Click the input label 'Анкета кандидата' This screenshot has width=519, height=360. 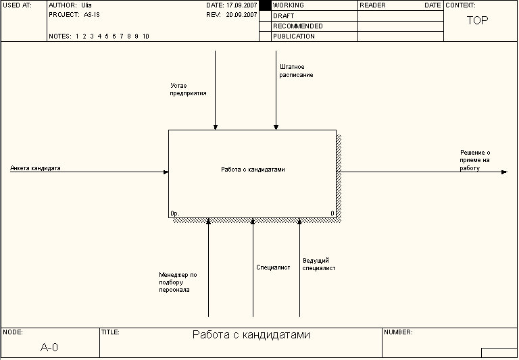[35, 168]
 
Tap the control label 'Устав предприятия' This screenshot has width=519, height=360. [189, 89]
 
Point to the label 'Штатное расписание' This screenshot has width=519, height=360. [296, 71]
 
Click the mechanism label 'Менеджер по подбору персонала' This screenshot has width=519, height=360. [178, 282]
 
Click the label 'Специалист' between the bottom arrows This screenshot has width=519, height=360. [273, 267]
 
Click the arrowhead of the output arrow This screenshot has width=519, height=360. [503, 172]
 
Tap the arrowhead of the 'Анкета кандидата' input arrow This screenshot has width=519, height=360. [166, 172]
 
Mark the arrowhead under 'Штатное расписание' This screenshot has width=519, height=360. [276, 126]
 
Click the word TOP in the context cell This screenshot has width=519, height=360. [477, 20]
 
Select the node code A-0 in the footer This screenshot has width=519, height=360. [49, 347]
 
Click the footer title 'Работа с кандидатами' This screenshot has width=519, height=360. [251, 335]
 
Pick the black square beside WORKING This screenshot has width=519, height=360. [265, 5]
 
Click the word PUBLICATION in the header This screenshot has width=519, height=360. [294, 36]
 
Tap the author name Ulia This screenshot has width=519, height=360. [86, 5]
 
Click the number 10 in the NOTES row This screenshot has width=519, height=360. [146, 36]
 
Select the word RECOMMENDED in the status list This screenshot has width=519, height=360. [298, 26]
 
